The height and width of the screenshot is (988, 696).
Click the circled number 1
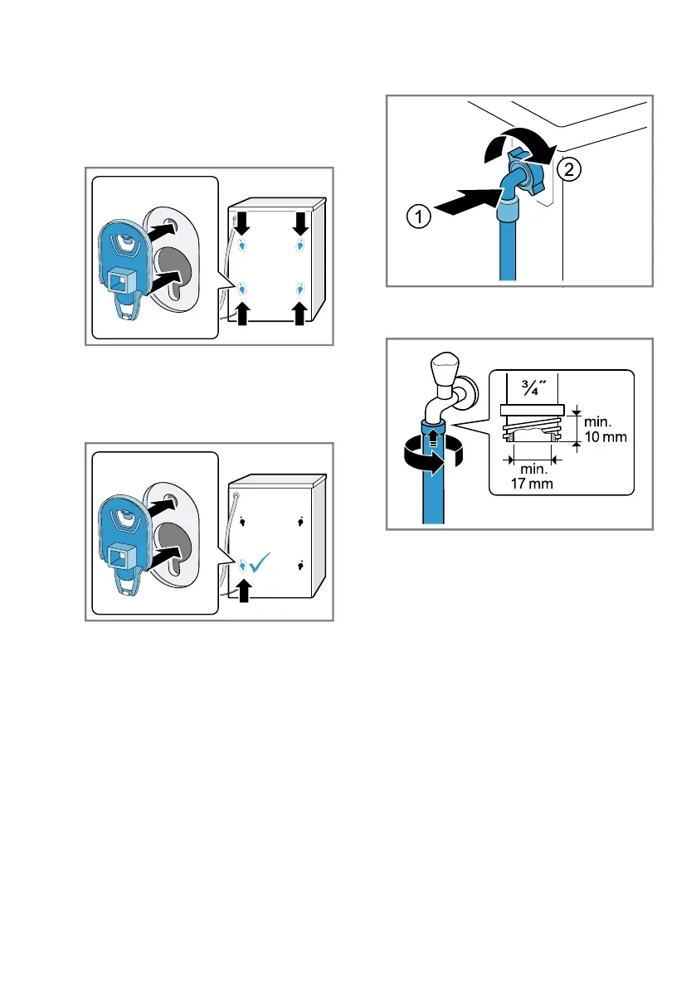(419, 217)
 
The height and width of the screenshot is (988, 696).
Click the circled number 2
(569, 169)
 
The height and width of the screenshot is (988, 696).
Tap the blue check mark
(260, 562)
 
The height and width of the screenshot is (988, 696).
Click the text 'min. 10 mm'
(606, 429)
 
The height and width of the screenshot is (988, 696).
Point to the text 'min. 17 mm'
(533, 476)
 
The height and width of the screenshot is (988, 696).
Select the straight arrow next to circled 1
(467, 202)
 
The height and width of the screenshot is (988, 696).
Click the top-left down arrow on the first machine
(242, 222)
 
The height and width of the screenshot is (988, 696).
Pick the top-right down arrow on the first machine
(300, 223)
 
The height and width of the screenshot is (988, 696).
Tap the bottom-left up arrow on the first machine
(242, 314)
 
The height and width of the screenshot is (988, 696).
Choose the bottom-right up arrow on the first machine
(299, 314)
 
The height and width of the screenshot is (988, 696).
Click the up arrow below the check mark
(244, 591)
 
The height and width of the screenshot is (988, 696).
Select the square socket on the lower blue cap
(119, 557)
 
